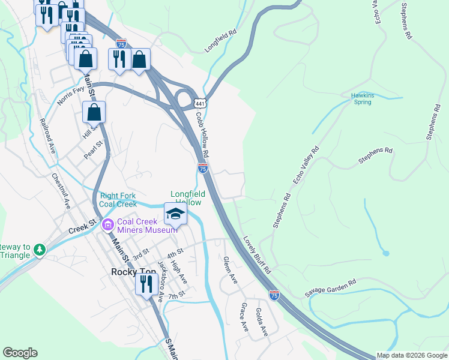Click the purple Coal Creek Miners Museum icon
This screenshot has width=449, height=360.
[108, 225]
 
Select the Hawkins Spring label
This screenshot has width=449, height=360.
[362, 98]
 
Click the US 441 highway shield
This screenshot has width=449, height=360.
[201, 104]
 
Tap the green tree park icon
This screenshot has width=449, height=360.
[39, 249]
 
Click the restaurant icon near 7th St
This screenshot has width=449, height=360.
[146, 283]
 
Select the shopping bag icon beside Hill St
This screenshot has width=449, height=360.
[94, 112]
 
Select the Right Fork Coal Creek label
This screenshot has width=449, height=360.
[118, 200]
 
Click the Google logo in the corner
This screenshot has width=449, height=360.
[20, 353]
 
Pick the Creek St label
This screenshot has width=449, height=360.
[83, 227]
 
